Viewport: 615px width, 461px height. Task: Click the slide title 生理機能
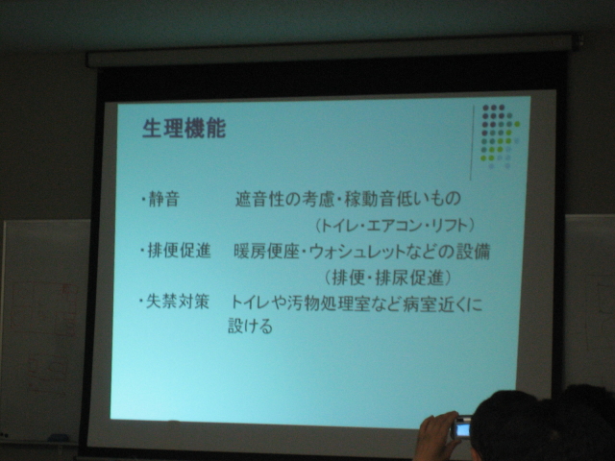click(x=184, y=128)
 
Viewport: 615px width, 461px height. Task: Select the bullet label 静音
click(x=164, y=199)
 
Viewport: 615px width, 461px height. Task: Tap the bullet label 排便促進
click(x=179, y=251)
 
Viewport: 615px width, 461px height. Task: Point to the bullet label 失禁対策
click(x=177, y=302)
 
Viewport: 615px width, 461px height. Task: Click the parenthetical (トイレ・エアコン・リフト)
click(x=395, y=226)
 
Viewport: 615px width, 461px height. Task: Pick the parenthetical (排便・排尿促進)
click(x=387, y=278)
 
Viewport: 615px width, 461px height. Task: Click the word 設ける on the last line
click(x=250, y=327)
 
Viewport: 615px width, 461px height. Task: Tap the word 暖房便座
click(x=267, y=252)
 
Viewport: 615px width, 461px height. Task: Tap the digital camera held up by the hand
click(x=461, y=427)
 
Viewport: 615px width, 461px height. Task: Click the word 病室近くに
click(x=443, y=303)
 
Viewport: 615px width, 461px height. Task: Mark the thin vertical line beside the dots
click(x=472, y=142)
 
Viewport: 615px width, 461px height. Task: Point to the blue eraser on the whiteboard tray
click(x=58, y=438)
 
